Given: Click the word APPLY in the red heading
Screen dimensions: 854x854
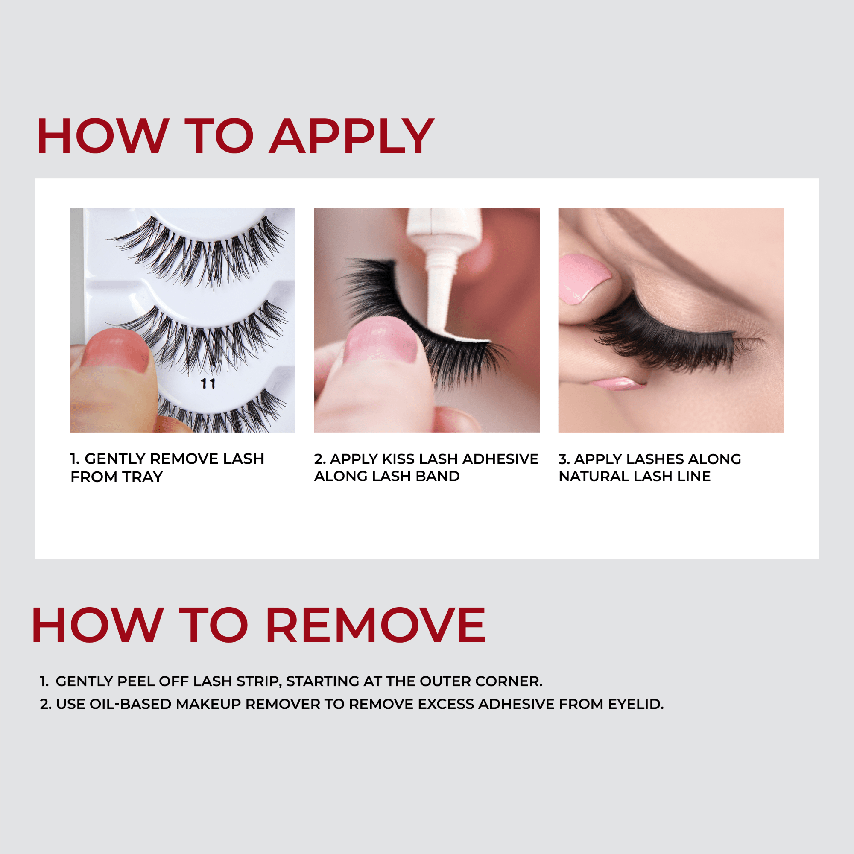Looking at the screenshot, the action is tap(351, 136).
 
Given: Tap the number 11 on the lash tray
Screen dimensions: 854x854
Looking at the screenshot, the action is tap(208, 384).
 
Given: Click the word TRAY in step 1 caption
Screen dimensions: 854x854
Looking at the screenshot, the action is tap(143, 477).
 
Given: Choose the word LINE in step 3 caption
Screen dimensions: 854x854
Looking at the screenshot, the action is tap(694, 477).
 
